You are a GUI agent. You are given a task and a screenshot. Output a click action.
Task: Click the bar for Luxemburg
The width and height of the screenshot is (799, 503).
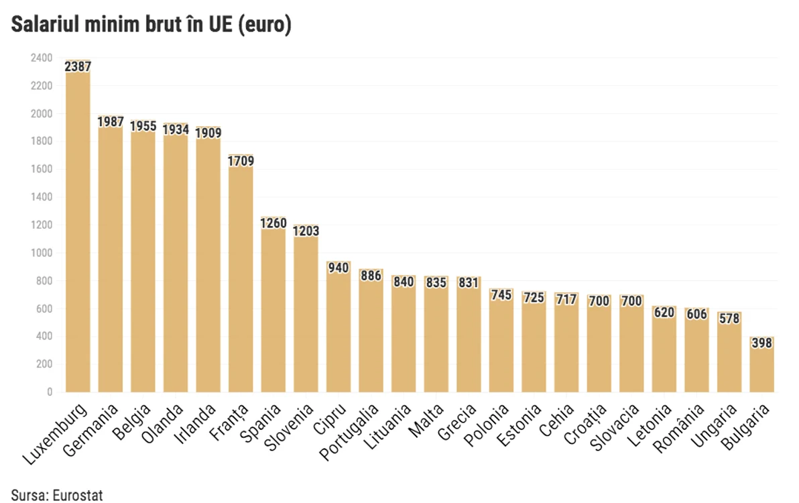coord(78,226)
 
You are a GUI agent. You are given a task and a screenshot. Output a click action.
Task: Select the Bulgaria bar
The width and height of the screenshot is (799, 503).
coord(762,364)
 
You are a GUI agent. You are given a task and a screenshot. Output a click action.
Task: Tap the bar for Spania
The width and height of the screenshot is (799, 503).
coord(273,304)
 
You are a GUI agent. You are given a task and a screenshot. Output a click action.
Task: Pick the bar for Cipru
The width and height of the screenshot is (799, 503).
coord(339,327)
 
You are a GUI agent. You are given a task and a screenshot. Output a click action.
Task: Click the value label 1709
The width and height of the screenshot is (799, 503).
coord(241,161)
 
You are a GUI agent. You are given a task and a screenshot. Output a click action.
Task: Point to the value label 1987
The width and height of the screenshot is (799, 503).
coord(111,122)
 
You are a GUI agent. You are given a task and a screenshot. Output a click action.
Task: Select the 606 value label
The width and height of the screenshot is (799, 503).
coord(696,314)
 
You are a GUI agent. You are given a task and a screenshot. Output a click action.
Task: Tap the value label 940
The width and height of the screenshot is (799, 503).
coord(339,268)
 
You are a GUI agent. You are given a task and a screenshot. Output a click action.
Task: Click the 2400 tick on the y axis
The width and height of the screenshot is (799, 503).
coord(42,58)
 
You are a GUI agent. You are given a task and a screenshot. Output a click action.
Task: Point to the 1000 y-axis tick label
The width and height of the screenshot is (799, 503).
coord(42,253)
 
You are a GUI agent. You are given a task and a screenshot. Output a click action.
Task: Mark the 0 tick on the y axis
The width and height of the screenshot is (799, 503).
coord(50,392)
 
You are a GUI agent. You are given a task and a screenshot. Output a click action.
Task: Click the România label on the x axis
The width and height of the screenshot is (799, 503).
coord(679,428)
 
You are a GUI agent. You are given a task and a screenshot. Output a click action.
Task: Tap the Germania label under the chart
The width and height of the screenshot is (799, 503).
coord(90,430)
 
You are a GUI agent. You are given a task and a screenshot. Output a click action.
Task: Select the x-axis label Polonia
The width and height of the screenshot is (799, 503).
coord(487,425)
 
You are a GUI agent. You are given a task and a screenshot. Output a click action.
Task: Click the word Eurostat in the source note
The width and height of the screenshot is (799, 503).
coord(78,496)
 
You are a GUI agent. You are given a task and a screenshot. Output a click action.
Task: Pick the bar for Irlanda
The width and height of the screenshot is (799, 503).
coord(208,260)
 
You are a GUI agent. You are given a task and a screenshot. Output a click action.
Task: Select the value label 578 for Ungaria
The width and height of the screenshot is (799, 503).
coord(729,319)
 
